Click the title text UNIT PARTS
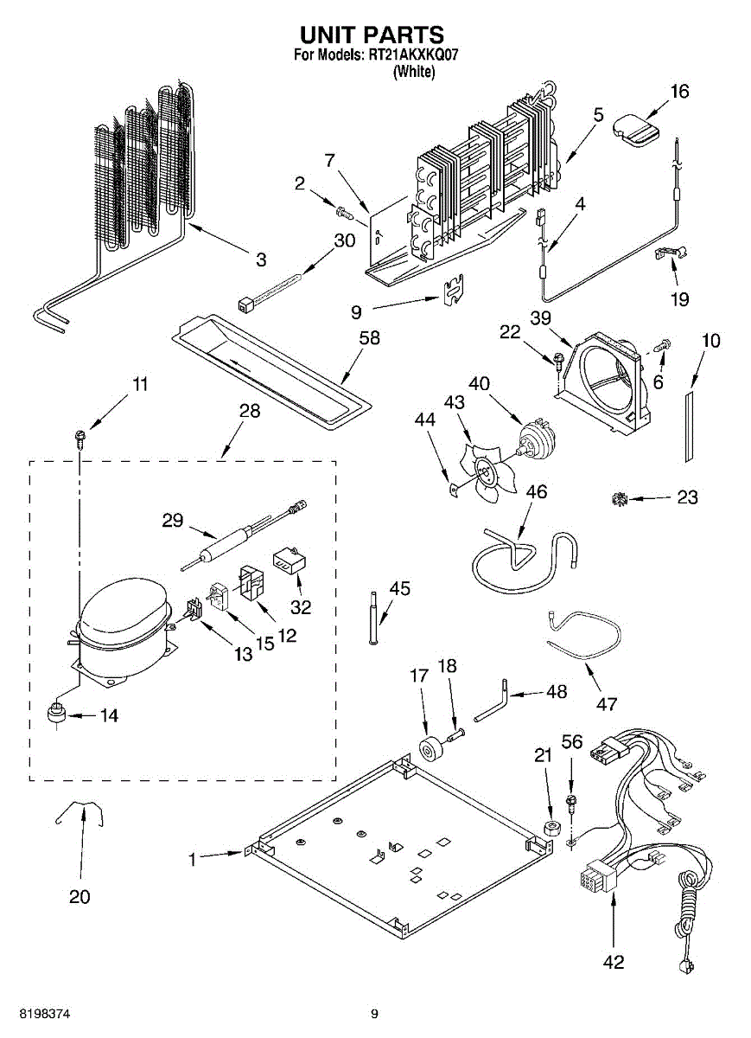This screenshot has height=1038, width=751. click(x=372, y=35)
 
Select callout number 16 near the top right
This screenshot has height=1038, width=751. click(x=680, y=92)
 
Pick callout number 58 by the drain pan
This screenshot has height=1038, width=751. click(x=370, y=338)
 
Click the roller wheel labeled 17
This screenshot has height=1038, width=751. click(x=428, y=749)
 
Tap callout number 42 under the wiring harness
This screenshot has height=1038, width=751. click(x=614, y=962)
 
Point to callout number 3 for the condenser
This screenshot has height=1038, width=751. click(x=261, y=259)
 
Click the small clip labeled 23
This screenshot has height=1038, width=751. click(x=619, y=498)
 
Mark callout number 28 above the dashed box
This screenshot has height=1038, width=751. click(x=249, y=411)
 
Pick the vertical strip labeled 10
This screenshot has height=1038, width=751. click(x=689, y=423)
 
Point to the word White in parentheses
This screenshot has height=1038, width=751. click(x=413, y=73)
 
